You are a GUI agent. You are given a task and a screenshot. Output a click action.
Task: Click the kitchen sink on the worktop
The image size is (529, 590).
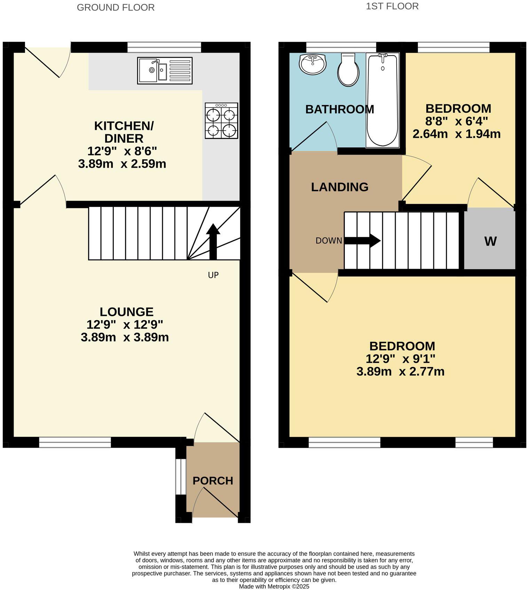tap(165, 71)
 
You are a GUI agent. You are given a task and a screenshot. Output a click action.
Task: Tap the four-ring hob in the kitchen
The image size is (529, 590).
tap(221, 121)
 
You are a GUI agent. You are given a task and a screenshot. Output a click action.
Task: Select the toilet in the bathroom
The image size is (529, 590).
tap(348, 70)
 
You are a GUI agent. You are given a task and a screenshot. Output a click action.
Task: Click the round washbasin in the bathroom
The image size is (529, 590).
tap(313, 64)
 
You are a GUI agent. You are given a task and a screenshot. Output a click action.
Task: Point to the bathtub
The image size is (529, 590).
tap(382, 100)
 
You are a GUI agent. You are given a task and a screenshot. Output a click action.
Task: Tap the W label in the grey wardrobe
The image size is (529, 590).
tap(490, 241)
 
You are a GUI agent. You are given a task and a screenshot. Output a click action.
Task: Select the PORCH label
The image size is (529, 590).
tap(213, 481)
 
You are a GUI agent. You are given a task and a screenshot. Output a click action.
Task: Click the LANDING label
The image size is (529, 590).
tap(339, 187)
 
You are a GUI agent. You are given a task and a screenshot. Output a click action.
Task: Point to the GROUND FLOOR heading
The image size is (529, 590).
tap(116, 7)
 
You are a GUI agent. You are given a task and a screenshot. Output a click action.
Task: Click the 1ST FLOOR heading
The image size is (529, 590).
tap(392, 6)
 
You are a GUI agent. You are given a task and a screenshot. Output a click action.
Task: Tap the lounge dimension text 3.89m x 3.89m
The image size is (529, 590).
tap(125, 337)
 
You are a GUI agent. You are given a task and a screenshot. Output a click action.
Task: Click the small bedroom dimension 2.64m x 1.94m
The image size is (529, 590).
tap(456, 134)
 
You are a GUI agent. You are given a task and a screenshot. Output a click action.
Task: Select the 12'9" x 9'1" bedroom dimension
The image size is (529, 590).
tap(400, 359)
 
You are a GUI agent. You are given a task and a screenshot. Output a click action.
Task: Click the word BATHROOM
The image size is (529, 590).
tap(339, 109)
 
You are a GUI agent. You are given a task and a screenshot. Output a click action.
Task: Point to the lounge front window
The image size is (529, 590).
tap(75, 442)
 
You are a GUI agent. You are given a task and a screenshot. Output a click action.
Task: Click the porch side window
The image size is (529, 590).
tap(181, 476)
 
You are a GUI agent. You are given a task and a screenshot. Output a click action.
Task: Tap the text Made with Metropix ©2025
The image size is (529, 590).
tap(274, 586)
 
